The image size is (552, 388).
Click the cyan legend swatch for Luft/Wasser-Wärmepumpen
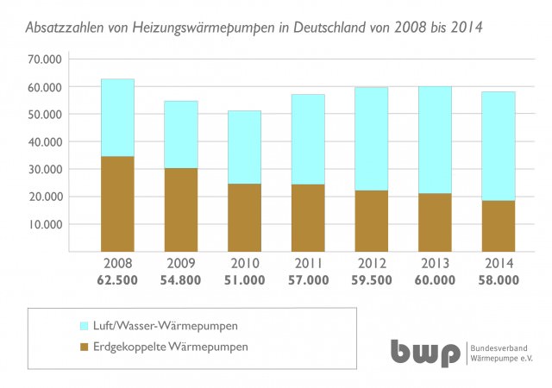pos(84,326)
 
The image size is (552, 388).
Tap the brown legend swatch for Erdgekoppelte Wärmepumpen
pos(84,347)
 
